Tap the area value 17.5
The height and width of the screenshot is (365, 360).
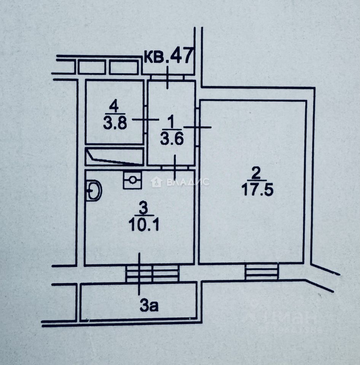257,189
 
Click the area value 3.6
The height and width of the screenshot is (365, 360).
172,139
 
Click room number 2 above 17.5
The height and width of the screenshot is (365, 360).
256,174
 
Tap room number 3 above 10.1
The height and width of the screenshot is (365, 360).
143,209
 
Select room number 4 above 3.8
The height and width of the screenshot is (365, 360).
113,105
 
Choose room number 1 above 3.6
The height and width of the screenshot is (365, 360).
170,122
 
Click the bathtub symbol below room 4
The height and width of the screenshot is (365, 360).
114,157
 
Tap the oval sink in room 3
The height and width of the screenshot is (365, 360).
93,190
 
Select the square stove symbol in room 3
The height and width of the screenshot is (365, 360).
132,180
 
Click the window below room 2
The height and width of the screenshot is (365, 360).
261,271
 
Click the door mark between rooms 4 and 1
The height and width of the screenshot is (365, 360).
145,119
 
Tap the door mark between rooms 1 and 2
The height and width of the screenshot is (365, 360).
197,127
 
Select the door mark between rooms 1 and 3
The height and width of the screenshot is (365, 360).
175,167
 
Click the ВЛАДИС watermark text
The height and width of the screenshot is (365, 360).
188,182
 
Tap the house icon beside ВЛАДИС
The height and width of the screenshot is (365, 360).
156,182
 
